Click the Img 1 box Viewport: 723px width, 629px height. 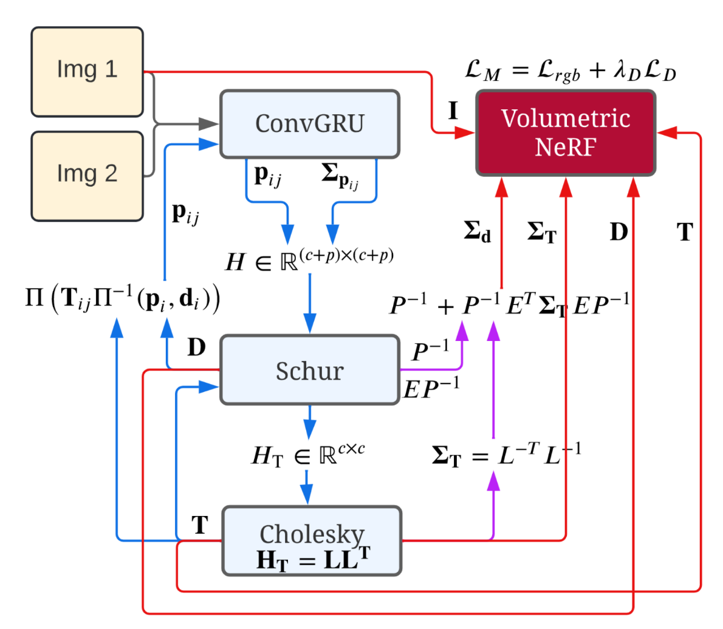point(87,72)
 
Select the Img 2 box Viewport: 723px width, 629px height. point(87,176)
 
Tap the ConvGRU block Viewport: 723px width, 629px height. point(310,124)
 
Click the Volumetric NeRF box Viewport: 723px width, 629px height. point(566,133)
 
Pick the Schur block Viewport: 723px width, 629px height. point(310,370)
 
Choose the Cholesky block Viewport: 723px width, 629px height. point(312,540)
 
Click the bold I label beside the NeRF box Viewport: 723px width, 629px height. point(453,111)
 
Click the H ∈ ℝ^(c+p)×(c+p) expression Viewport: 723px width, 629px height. point(309,260)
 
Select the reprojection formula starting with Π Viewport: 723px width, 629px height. point(123,298)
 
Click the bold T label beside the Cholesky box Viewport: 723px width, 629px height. point(200,525)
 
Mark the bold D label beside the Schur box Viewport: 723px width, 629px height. point(196,347)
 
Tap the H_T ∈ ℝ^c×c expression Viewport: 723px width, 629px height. point(309,455)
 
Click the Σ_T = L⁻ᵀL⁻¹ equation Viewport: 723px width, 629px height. point(506,455)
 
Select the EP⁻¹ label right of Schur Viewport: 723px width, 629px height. point(431,388)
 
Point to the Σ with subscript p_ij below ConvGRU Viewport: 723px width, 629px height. point(340,176)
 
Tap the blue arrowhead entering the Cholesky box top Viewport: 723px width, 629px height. point(307,494)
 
